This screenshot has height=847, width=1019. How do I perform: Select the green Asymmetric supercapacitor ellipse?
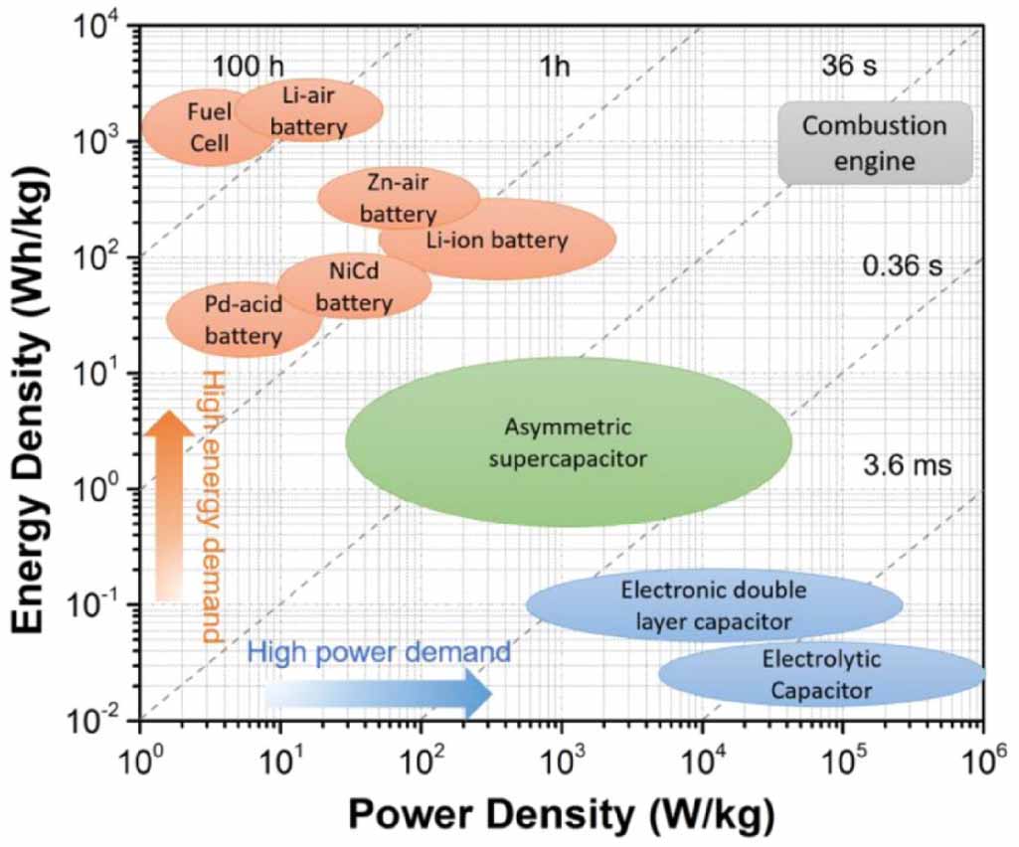[x=569, y=443]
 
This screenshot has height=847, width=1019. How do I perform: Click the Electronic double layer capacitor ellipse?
[x=713, y=604]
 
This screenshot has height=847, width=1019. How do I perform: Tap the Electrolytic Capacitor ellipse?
[x=821, y=673]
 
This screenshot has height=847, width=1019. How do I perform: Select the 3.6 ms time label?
[x=908, y=464]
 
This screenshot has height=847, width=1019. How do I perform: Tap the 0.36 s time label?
[x=905, y=266]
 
